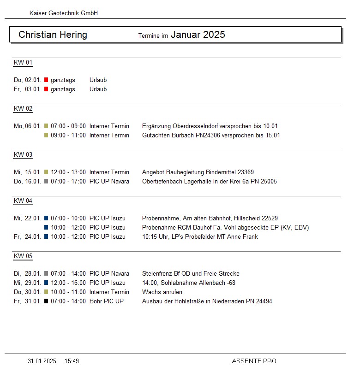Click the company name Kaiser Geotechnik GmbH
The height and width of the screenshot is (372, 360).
tap(64, 13)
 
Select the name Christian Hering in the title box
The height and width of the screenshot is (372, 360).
tap(53, 35)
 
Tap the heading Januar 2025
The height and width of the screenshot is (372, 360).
tap(198, 35)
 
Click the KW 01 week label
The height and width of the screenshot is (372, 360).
tap(23, 63)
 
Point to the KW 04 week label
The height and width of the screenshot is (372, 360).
tap(23, 201)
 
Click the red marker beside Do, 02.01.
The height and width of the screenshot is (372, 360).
tap(46, 80)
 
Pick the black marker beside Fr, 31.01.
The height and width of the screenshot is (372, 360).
tap(46, 301)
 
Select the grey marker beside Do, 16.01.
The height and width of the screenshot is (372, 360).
tap(46, 182)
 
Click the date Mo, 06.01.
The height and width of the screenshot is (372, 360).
tap(28, 126)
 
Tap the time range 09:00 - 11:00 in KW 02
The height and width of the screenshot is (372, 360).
tap(68, 136)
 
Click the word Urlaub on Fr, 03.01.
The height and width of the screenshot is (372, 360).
tap(98, 89)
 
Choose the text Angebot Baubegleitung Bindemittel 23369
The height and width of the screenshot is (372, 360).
tap(198, 172)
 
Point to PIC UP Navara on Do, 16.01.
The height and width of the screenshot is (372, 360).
tap(109, 182)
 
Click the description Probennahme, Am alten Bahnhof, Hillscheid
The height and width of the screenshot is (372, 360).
tap(210, 218)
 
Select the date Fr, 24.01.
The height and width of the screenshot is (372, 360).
tap(28, 237)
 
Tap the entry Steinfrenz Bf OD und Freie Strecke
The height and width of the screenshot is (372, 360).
tap(191, 274)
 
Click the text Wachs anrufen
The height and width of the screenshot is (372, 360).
tap(162, 292)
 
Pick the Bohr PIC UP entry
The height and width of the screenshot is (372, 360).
tap(107, 301)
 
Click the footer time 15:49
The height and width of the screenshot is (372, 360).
tap(72, 361)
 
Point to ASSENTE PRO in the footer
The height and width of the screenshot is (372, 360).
tap(254, 361)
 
